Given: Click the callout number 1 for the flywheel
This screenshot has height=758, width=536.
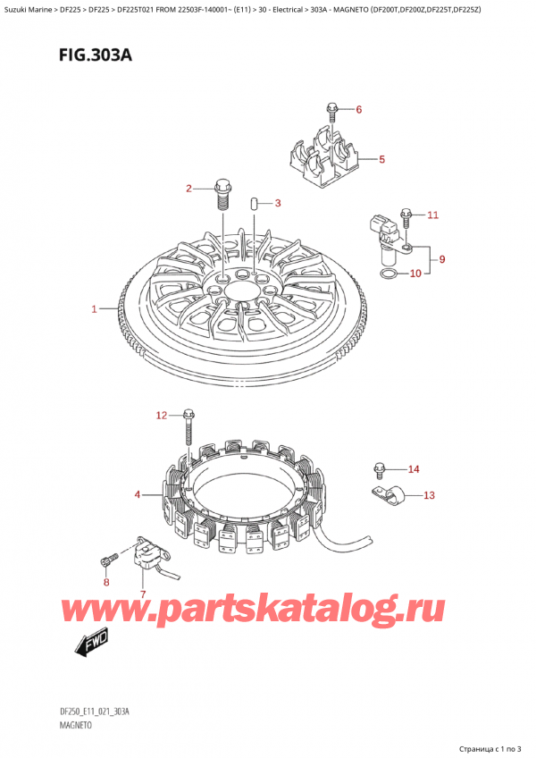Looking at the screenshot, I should [x=94, y=309].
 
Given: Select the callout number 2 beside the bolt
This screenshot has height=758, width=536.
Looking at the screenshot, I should [x=188, y=188].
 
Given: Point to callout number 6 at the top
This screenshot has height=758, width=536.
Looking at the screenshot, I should [x=359, y=110].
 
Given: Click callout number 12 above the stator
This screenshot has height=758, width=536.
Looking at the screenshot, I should [x=161, y=415].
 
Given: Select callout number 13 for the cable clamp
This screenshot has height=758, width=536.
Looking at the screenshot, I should [x=429, y=494].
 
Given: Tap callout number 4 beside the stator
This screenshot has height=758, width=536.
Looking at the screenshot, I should [x=138, y=494].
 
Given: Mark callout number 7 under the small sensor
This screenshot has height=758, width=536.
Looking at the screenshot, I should [x=142, y=594].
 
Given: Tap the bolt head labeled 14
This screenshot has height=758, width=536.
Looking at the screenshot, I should [x=379, y=467].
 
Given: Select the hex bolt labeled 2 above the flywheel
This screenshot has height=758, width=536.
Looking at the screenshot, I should [x=222, y=190].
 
